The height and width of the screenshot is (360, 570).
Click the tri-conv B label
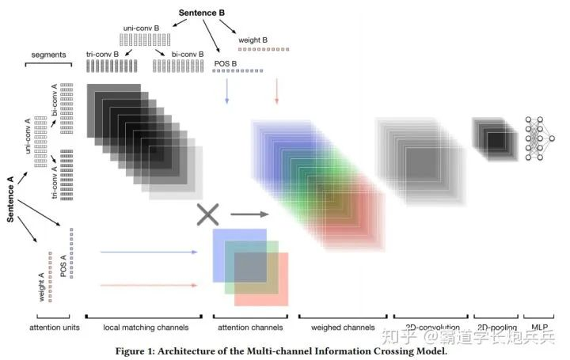coord(103,54)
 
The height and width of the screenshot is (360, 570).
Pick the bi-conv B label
coord(176,54)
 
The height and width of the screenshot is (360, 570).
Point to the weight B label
coord(253,39)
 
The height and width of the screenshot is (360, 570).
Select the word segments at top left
coord(47,54)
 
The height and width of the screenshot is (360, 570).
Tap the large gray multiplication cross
coord(207,214)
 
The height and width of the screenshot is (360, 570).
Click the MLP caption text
coord(540,328)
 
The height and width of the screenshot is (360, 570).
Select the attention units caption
coord(54,328)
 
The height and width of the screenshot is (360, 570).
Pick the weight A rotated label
coord(40,281)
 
